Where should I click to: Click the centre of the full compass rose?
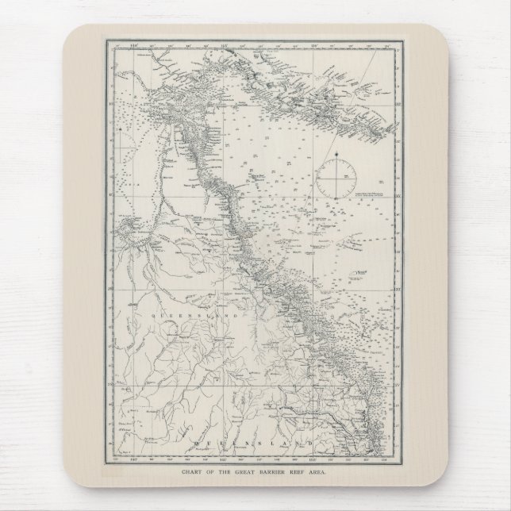(336, 179)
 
